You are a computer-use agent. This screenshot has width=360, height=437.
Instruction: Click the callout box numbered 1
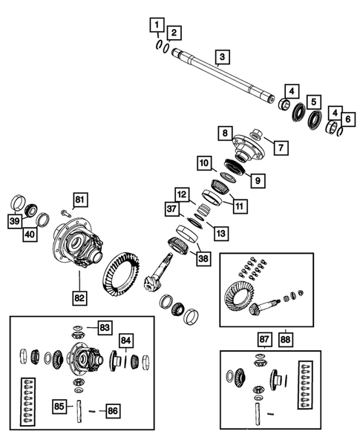click(x=156, y=27)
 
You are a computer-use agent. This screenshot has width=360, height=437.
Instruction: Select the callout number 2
click(x=172, y=33)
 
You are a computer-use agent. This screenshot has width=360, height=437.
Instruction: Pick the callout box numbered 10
click(x=203, y=162)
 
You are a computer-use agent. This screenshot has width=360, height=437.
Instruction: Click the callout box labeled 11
click(x=239, y=205)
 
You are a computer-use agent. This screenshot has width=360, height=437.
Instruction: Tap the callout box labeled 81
click(x=79, y=198)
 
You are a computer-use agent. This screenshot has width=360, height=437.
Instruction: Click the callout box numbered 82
click(x=79, y=298)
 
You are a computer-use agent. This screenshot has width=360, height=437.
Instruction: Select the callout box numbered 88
click(x=286, y=339)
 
